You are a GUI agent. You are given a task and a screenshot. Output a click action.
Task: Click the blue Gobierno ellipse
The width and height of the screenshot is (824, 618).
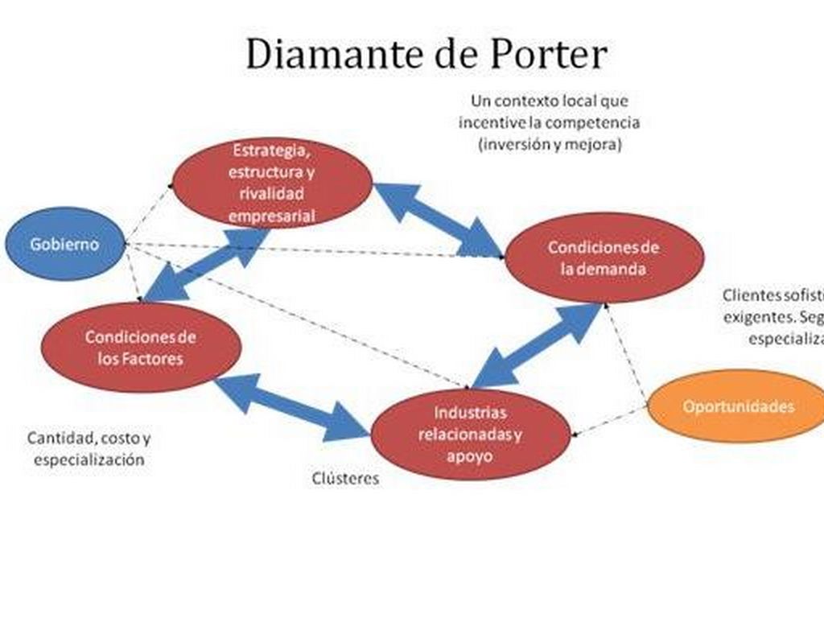pos(64,244)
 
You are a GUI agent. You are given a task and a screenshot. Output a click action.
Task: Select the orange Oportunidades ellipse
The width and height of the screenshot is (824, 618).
pos(737,406)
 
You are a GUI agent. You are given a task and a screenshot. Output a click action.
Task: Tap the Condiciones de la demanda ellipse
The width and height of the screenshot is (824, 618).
pos(604,257)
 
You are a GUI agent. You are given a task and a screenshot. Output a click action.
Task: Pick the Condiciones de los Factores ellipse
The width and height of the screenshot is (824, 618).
pos(141,347)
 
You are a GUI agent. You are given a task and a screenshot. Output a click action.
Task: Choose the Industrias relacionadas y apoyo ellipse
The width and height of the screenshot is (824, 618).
pos(471,434)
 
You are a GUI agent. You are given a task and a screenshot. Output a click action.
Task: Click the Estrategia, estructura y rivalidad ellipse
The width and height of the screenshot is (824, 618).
pos(271,183)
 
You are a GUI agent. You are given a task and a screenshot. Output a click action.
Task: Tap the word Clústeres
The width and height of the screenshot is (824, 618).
pos(345,478)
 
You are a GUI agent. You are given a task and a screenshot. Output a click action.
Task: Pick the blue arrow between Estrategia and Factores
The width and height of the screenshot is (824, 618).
pos(206,266)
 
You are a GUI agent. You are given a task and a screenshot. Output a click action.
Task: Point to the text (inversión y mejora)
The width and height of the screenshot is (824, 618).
pos(550,146)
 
